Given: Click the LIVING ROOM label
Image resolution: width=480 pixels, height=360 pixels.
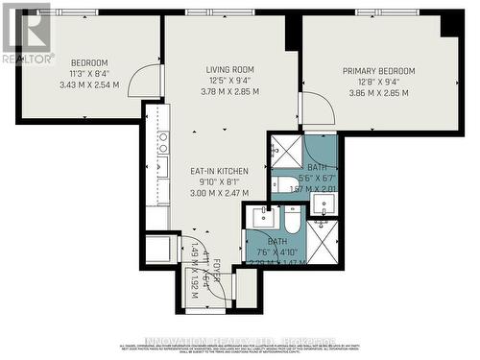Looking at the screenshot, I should [x=229, y=69].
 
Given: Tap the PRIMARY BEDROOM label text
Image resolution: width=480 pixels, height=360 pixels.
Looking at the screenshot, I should [x=380, y=71].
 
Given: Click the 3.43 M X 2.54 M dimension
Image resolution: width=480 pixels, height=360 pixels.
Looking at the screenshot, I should [x=87, y=85].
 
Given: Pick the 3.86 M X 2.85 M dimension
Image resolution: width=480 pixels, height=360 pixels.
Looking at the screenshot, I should [x=378, y=93].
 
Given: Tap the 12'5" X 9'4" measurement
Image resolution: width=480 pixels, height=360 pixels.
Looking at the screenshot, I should [x=228, y=82].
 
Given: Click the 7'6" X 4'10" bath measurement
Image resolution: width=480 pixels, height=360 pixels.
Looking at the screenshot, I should [x=276, y=253].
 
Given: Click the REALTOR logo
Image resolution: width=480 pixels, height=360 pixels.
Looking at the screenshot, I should [x=26, y=33].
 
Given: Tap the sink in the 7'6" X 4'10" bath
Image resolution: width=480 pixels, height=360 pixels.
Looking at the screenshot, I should [x=258, y=220].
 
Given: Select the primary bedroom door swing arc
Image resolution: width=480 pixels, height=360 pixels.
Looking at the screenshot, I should [x=318, y=108].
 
